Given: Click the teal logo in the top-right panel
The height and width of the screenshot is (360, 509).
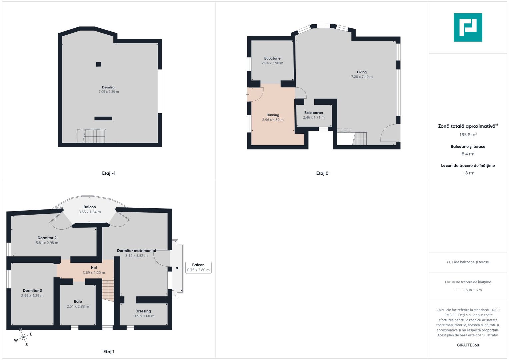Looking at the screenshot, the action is point(468,27).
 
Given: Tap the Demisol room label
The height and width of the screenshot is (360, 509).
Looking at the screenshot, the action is point(109,87).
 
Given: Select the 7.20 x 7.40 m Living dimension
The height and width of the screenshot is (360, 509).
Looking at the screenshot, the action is point(362,77).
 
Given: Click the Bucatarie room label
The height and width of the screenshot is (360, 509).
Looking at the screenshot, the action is point(272,58).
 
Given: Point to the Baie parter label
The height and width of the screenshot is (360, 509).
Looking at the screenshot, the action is point(314,113).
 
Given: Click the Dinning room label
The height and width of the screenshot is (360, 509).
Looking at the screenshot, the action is point(273,115).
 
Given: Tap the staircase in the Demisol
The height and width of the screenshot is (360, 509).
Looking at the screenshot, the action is point(91,136).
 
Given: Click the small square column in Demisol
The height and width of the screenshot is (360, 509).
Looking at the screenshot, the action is point(99,64).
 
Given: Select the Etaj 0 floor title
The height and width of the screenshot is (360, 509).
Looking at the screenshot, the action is point(322,173).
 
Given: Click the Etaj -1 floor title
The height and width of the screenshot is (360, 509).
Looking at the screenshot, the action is point(109,173).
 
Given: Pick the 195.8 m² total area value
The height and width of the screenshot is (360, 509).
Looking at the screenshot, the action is point(468,135).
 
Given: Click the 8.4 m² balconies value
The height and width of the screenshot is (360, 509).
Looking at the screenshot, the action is point(468,154).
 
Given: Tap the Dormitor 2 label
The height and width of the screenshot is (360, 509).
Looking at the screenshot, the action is point(47,238).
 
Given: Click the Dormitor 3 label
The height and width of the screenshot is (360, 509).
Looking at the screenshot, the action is point(32,290).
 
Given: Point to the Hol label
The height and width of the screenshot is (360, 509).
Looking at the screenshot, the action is point(94,268).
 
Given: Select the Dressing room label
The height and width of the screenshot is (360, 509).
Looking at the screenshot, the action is point(143,311).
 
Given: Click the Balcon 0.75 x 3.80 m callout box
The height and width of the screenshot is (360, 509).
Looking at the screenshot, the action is point(198,267).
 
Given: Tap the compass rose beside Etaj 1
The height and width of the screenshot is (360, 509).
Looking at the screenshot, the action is point(23,337).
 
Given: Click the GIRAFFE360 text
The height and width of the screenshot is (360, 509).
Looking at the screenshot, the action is point(468,345).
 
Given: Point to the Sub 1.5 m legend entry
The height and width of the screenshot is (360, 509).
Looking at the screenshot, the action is point(468,290).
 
